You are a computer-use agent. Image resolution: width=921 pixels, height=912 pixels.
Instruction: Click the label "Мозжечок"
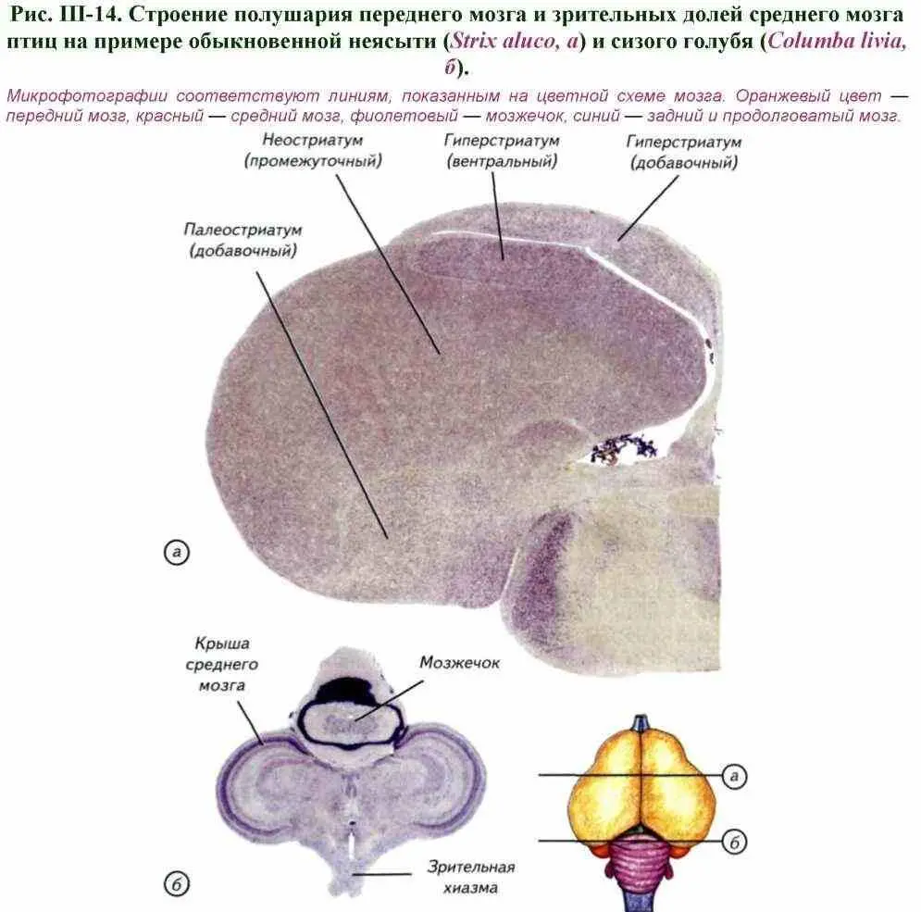click(x=459, y=663)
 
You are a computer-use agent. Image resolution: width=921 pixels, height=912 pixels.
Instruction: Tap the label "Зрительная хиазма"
click(x=470, y=877)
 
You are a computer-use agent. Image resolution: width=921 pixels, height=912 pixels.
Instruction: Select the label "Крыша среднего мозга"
click(x=222, y=664)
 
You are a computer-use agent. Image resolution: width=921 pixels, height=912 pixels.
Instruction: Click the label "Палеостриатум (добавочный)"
click(x=243, y=240)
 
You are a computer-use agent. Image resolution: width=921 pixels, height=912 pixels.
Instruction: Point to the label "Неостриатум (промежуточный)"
click(x=313, y=150)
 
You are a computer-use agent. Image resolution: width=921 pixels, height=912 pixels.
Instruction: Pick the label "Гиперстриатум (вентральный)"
click(x=502, y=150)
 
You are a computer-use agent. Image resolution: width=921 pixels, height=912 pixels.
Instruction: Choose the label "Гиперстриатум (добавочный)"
click(x=684, y=152)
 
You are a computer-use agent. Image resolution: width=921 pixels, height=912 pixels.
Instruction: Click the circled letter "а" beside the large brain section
click(x=176, y=553)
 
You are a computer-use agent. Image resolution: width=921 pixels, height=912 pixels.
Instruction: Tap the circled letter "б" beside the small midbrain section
click(x=176, y=884)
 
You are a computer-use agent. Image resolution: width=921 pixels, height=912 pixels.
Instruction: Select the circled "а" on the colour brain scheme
click(x=734, y=776)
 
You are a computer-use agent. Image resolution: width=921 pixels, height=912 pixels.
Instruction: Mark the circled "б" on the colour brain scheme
click(x=734, y=842)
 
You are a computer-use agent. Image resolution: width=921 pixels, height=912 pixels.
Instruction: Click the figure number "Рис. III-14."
click(x=66, y=14)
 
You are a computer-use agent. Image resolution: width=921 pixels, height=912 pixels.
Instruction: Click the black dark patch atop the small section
click(x=346, y=690)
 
